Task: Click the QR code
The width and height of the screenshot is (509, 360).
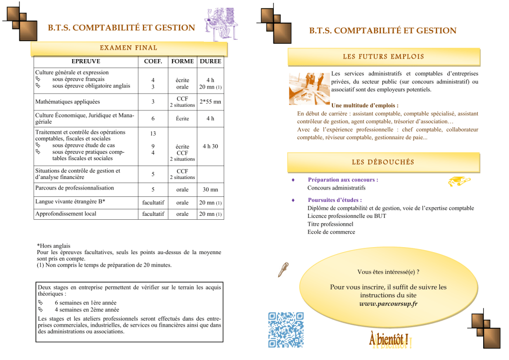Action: (285, 329)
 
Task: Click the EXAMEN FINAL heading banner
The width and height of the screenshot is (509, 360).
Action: (129, 48)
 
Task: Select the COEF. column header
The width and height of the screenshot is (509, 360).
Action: (153, 62)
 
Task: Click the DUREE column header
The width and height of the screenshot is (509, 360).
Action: (210, 62)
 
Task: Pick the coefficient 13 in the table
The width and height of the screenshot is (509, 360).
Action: (153, 134)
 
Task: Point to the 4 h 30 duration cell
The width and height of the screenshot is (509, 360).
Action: (210, 147)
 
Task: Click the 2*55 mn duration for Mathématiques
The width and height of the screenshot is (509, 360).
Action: (210, 102)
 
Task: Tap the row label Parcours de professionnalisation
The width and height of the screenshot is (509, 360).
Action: (74, 188)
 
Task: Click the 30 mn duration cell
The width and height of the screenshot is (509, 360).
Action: (210, 189)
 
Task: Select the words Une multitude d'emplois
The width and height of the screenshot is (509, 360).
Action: (364, 105)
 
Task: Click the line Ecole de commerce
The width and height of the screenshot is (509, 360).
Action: (331, 232)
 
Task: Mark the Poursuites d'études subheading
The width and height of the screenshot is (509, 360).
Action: (335, 200)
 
